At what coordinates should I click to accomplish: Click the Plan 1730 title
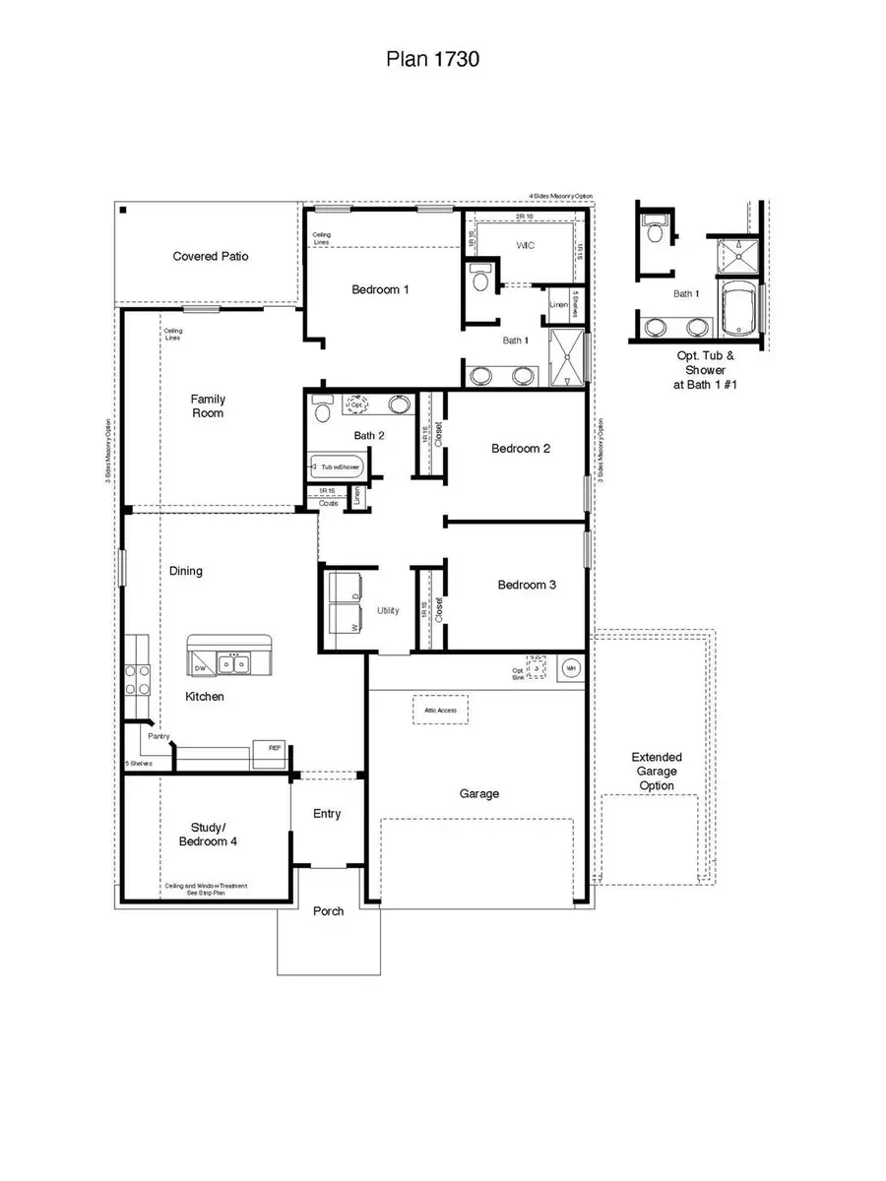(432, 60)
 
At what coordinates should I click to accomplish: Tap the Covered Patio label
(211, 256)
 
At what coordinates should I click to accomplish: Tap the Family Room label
(208, 405)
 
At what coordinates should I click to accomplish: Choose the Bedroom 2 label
(521, 449)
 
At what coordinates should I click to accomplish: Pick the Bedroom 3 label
(527, 585)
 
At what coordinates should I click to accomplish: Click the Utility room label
(388, 610)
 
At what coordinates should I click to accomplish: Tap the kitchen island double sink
(234, 664)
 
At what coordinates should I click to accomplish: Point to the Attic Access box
(440, 710)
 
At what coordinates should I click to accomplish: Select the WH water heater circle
(570, 668)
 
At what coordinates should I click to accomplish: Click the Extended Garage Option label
(657, 771)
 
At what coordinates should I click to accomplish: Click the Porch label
(328, 911)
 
